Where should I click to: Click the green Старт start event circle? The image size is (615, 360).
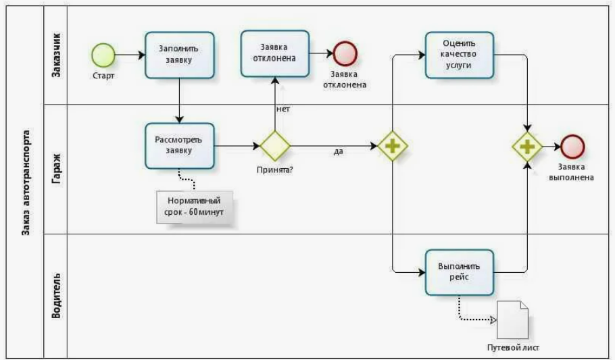[x=103, y=54]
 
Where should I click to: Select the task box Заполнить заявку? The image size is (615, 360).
[x=179, y=53]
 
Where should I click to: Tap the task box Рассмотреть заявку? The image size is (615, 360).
[x=179, y=145]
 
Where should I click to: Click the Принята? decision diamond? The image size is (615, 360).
[x=275, y=145]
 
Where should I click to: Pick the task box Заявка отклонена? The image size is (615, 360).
[x=274, y=53]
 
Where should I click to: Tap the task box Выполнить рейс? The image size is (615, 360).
[x=459, y=272]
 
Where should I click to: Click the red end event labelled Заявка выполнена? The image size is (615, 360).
[x=572, y=146]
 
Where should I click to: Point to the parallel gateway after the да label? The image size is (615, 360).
[x=392, y=146]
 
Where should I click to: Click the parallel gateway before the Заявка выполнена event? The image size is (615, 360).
[x=527, y=146]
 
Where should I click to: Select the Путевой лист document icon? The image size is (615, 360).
[x=513, y=319]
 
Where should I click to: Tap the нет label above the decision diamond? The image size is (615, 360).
[x=282, y=109]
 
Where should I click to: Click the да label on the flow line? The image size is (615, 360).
[x=338, y=151]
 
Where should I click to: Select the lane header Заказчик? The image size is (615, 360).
[x=57, y=54]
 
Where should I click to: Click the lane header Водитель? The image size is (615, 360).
[x=57, y=295]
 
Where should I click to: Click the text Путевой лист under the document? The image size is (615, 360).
[x=513, y=348]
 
